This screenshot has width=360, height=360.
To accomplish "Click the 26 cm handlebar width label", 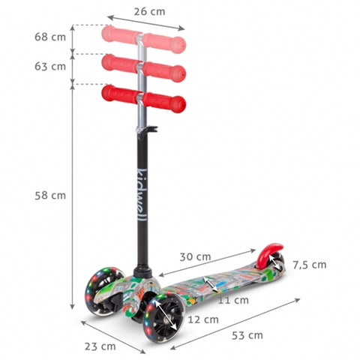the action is point(149,12).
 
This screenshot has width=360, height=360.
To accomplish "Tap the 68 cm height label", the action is point(50,37).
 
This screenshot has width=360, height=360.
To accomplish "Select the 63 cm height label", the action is point(50,67).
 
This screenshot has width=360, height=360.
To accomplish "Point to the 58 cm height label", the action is point(50,195).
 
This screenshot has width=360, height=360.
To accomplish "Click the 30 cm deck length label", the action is point(195,256).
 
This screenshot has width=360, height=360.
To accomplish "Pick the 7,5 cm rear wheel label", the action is point(310,265).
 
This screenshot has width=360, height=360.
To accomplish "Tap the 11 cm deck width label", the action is point(233,300).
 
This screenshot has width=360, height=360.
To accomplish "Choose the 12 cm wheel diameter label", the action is point(203,319).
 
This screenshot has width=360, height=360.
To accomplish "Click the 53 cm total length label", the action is point(247,335).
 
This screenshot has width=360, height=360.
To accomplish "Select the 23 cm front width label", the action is point(100,346).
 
